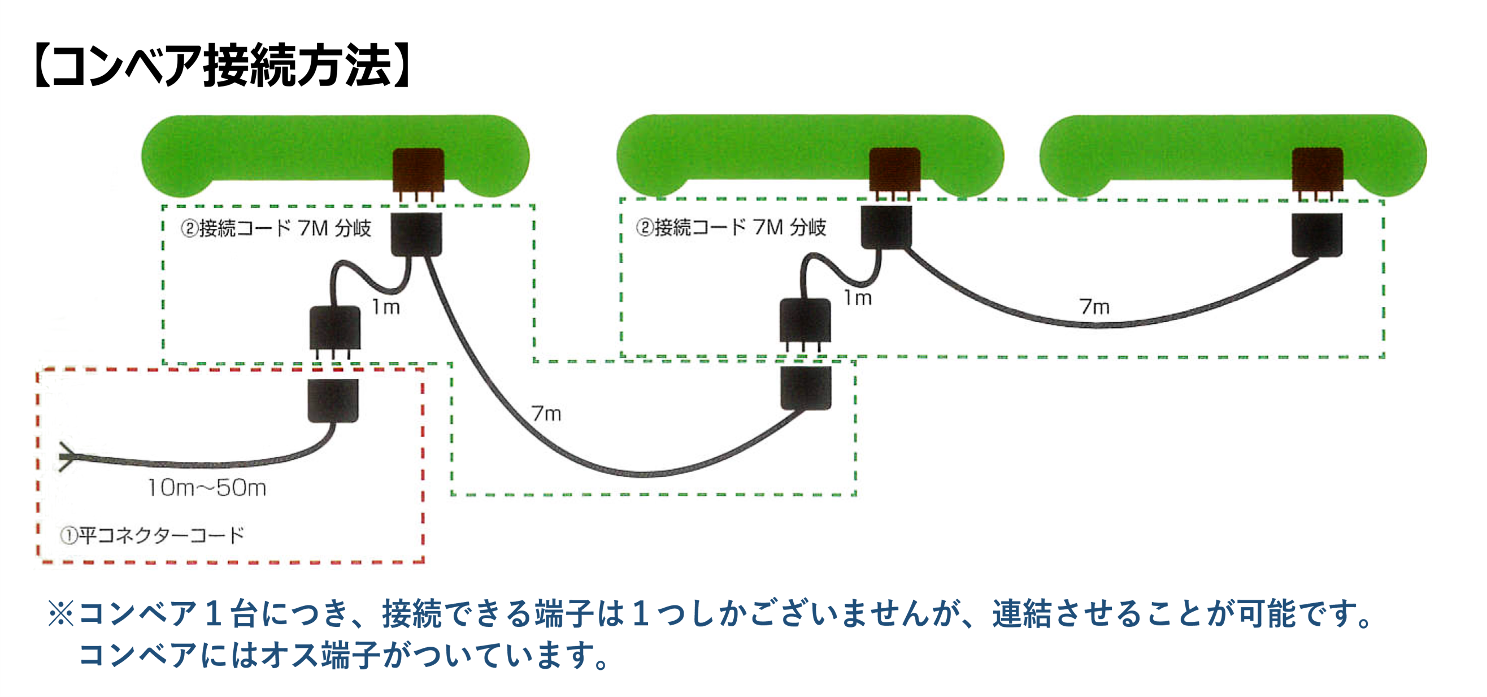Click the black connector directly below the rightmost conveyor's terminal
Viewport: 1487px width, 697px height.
(1318, 235)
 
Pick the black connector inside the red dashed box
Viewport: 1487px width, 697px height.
(333, 400)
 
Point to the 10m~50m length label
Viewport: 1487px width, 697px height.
(207, 488)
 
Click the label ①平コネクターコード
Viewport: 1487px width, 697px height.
(153, 535)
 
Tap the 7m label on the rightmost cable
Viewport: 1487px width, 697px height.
(1094, 306)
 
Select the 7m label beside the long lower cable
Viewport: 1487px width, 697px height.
(546, 413)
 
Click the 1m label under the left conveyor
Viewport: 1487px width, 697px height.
(386, 306)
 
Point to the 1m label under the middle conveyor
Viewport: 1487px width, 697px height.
(858, 298)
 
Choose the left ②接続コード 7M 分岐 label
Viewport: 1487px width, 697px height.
(276, 228)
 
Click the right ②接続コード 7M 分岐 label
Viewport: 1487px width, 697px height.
(731, 227)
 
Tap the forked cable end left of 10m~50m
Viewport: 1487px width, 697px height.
(67, 457)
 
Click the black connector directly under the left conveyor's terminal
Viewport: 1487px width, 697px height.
(417, 235)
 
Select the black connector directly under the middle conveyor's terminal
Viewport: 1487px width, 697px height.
(886, 227)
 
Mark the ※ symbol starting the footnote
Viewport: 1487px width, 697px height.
(60, 613)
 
